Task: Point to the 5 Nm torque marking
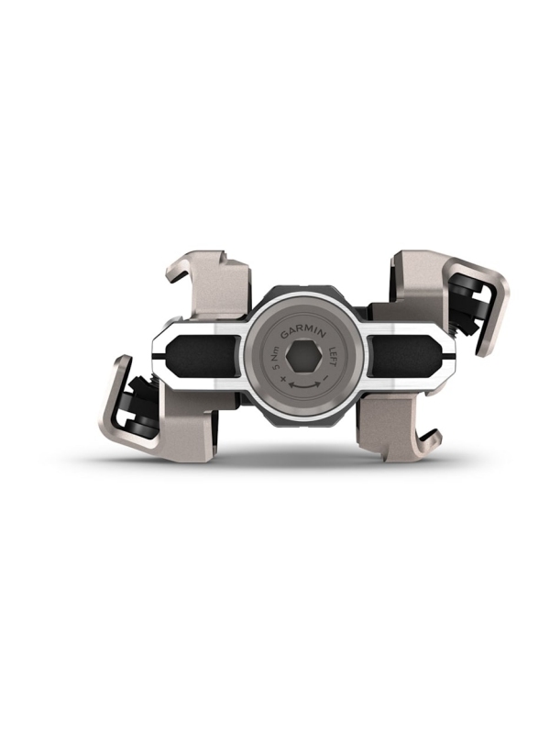click(x=271, y=350)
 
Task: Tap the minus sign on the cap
click(x=325, y=377)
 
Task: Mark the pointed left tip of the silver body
click(x=153, y=356)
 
